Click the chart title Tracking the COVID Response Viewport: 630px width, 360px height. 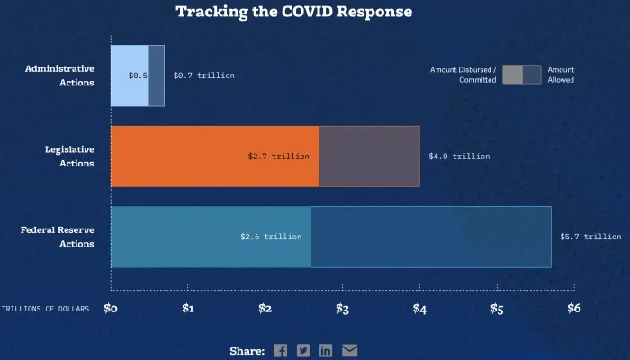tap(293, 12)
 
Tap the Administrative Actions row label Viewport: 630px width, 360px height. tap(59, 76)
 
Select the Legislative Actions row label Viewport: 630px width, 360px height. tap(69, 157)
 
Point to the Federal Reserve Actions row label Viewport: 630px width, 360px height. tap(58, 237)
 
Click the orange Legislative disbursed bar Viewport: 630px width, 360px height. tap(180, 157)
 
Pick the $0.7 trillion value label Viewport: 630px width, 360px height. tap(204, 76)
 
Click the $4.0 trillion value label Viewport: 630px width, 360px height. tap(460, 157)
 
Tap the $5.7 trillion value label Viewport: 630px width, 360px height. tap(590, 237)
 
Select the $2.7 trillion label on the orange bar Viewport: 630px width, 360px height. tap(279, 157)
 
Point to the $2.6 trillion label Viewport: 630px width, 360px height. tap(271, 237)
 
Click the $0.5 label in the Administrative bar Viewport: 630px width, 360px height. tap(138, 76)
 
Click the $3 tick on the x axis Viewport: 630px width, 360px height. tap(342, 309)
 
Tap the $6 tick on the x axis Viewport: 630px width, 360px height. tap(573, 309)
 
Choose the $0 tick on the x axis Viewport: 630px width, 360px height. tap(111, 309)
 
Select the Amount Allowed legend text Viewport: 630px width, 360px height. tap(561, 75)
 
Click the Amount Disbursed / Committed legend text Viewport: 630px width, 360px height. tap(463, 75)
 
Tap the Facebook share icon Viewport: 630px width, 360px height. tap(281, 350)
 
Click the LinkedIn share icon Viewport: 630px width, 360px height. tap(326, 350)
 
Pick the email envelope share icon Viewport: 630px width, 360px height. tap(349, 350)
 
